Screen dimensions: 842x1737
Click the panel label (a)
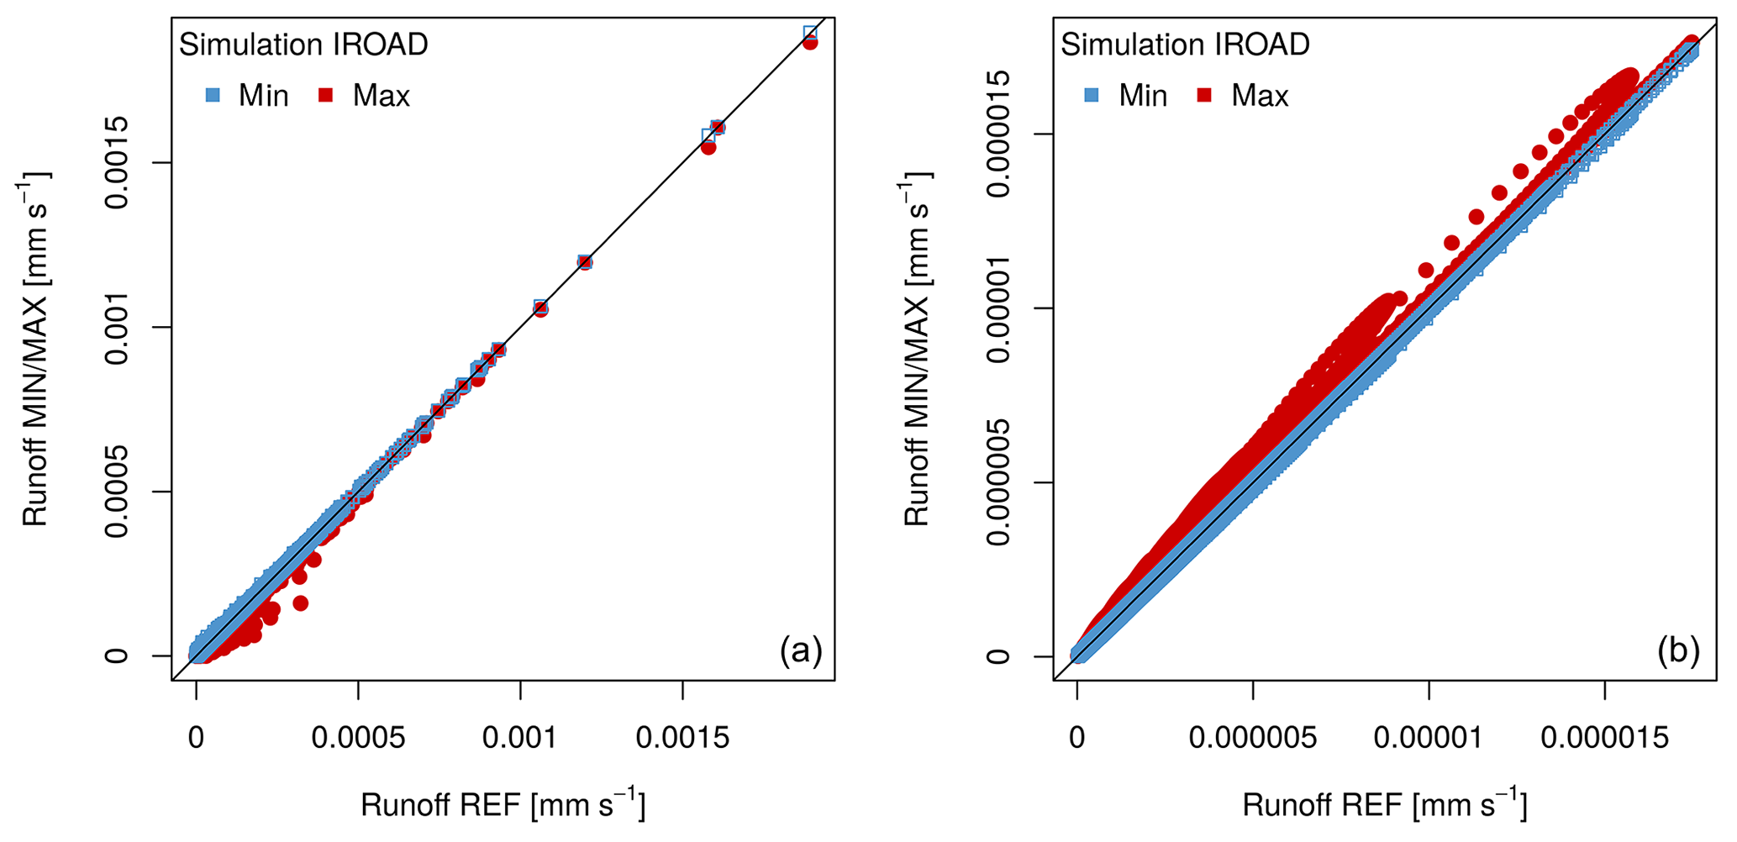(800, 651)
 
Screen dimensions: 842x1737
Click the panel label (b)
(1678, 651)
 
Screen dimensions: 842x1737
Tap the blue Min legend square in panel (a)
(213, 96)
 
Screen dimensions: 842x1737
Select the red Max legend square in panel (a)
(326, 96)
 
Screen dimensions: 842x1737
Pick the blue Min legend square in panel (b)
(1092, 96)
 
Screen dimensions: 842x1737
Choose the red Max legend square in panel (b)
(1204, 96)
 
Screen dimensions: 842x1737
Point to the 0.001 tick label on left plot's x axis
(519, 739)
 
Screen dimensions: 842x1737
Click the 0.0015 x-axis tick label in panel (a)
(682, 739)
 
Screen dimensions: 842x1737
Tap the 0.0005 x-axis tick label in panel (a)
(358, 739)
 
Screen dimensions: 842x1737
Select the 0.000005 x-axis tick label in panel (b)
(1252, 739)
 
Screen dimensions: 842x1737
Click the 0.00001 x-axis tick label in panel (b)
(1429, 739)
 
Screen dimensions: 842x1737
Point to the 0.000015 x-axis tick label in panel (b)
(1604, 739)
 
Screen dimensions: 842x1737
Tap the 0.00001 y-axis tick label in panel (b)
(997, 308)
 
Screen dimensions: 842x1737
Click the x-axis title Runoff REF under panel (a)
(503, 805)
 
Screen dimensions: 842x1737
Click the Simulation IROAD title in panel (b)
(1185, 45)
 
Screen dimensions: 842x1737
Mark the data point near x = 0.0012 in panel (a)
(585, 262)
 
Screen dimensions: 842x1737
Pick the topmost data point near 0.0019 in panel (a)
(810, 34)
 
